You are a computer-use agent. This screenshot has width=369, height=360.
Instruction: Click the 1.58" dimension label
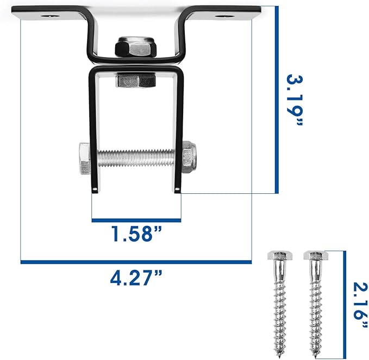point(136,235)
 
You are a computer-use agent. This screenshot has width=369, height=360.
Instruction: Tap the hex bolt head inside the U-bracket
point(135,81)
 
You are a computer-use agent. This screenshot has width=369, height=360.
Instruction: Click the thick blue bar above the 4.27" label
point(136,262)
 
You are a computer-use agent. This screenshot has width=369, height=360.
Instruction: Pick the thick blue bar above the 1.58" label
point(136,220)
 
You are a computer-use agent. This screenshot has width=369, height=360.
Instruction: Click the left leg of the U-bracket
point(93,130)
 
